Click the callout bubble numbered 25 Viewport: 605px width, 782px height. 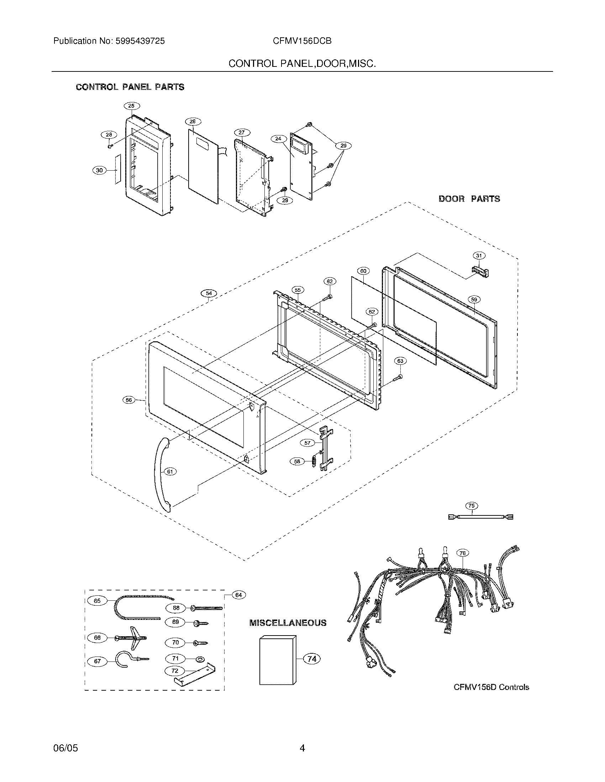click(x=131, y=106)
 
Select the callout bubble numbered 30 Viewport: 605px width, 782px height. click(x=99, y=170)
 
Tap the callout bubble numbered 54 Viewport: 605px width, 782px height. click(x=209, y=294)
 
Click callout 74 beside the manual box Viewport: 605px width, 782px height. click(x=312, y=659)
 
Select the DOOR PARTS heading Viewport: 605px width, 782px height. click(x=469, y=199)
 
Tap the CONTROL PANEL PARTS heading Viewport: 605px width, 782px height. click(x=130, y=87)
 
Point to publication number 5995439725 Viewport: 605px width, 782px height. click(x=109, y=41)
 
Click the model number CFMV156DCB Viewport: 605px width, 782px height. click(x=302, y=41)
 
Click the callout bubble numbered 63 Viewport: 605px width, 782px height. click(x=400, y=361)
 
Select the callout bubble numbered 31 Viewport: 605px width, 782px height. click(x=479, y=256)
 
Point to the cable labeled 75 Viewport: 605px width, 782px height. click(x=480, y=517)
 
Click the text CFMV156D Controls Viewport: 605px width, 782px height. click(x=491, y=687)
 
